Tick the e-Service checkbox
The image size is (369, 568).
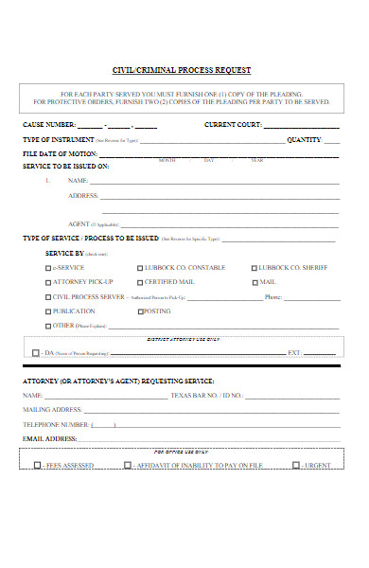[x=49, y=268]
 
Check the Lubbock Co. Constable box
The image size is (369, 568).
[x=140, y=268]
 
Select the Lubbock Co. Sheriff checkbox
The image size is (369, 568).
[x=254, y=268]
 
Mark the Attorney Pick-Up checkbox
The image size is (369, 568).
[x=49, y=282]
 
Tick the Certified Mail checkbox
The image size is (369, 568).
[x=140, y=282]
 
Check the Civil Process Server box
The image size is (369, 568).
[x=49, y=297]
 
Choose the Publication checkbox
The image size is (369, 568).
[x=49, y=311]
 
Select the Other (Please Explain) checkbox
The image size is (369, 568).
[x=49, y=326]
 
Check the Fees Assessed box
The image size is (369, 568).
[x=38, y=465]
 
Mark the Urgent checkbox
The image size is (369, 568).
[x=295, y=465]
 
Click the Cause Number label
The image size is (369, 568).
[x=48, y=125]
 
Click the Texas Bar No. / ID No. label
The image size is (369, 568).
[x=207, y=395]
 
